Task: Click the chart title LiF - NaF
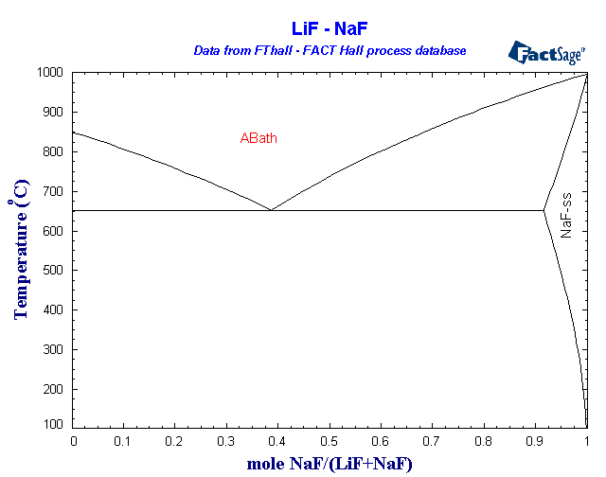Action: (330, 29)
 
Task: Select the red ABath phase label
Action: (258, 139)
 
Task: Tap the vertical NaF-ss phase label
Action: (566, 214)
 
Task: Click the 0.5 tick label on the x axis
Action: (330, 440)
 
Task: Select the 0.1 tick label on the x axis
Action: (125, 440)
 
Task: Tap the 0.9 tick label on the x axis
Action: (536, 440)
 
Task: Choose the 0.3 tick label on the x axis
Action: (227, 440)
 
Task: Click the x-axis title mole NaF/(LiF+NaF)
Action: (330, 463)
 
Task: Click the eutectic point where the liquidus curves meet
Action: (271, 210)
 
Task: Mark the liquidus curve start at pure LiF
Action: (74, 132)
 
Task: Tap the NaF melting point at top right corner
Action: (586, 73)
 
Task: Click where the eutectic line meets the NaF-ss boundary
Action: (544, 210)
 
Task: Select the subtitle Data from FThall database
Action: (330, 50)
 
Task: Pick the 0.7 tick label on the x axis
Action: (433, 440)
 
